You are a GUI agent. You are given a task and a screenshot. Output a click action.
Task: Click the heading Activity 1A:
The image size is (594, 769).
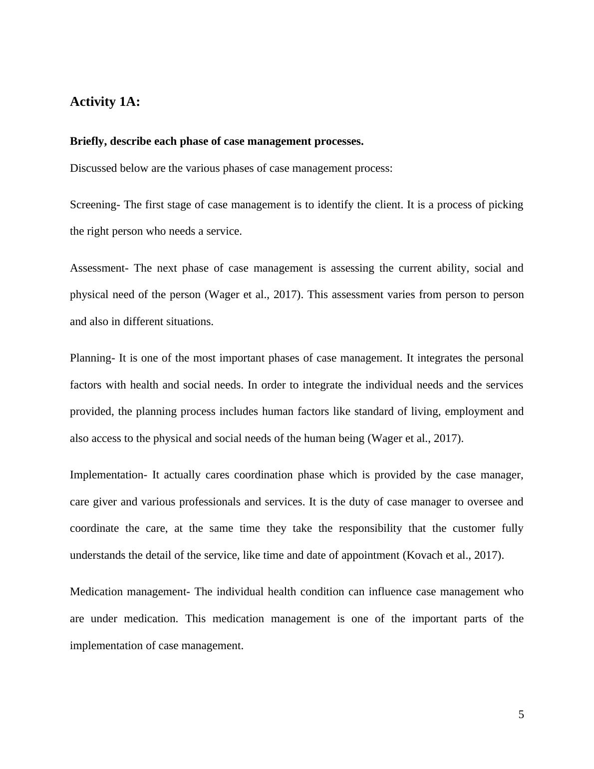105,102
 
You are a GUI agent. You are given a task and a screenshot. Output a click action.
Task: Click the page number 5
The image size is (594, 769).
521,715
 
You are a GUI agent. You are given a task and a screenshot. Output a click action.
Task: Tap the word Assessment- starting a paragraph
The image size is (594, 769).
99,268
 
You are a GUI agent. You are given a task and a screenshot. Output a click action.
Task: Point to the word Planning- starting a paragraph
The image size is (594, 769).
93,358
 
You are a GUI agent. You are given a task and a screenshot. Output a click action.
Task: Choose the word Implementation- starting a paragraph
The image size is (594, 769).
108,475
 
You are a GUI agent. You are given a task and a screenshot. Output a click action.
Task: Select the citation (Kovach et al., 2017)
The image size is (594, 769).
453,555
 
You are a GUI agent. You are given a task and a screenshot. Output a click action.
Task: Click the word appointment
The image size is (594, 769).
370,555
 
